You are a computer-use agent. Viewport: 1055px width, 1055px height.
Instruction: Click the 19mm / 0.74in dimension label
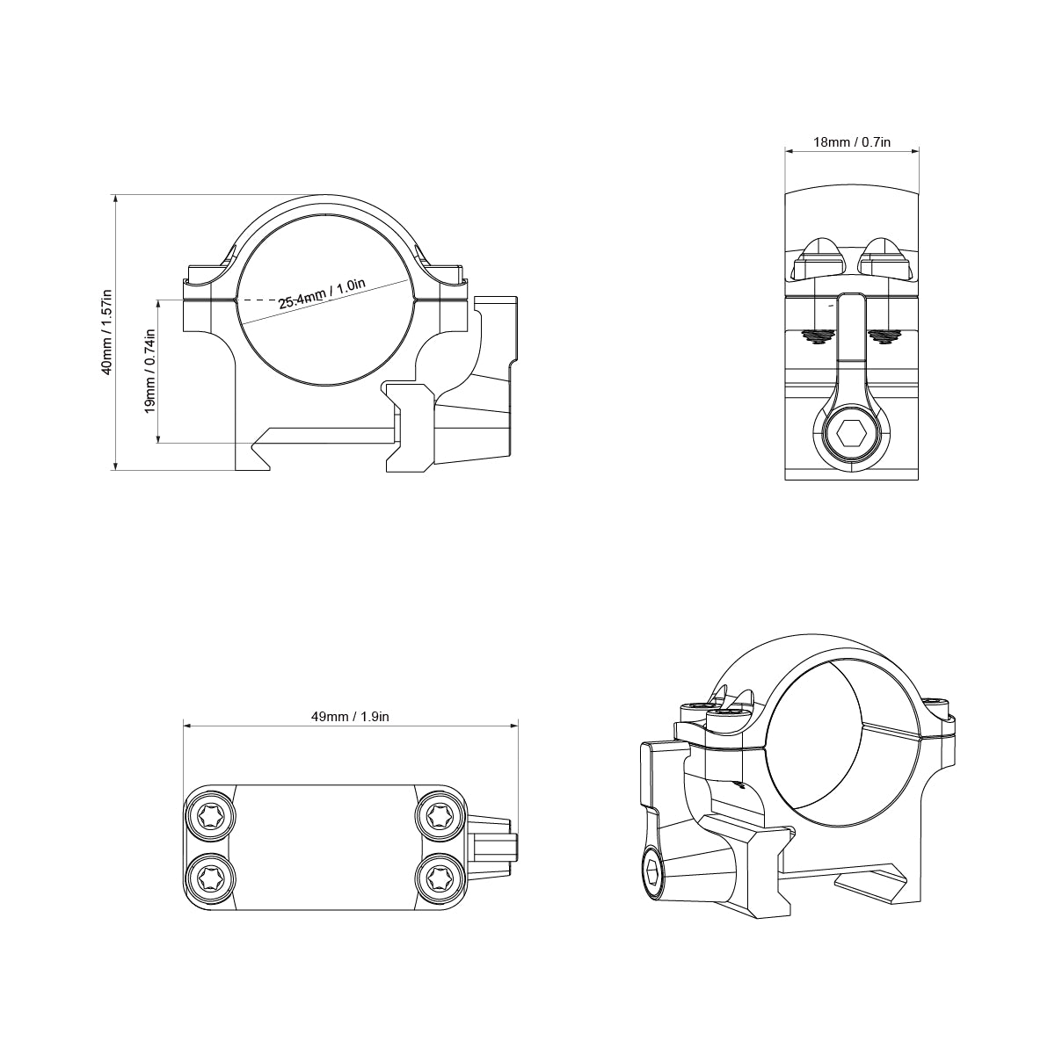[149, 371]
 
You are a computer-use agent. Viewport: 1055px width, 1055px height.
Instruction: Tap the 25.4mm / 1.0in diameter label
[322, 293]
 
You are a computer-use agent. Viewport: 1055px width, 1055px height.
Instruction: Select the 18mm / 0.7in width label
[852, 141]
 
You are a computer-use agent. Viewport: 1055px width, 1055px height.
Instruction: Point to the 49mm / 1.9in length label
[350, 717]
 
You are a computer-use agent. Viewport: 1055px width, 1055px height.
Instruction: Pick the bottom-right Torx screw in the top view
[438, 877]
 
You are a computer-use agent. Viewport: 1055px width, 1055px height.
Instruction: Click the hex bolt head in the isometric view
[652, 874]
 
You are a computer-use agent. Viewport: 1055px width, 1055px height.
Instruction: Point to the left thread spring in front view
[819, 336]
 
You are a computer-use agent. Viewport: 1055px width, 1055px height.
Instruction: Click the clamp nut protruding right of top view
[494, 847]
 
